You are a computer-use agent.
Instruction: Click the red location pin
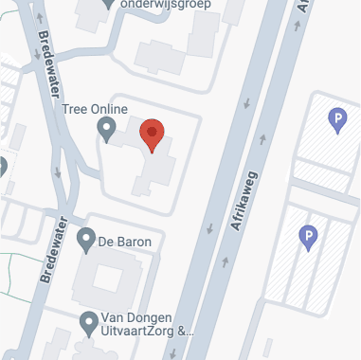(x=152, y=135)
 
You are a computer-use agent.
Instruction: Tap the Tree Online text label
(x=95, y=109)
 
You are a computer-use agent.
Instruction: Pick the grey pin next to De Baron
(x=87, y=241)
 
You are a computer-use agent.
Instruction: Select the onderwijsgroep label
(x=172, y=5)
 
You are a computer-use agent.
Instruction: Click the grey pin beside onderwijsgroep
(x=110, y=4)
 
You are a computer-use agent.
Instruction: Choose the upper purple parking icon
(x=335, y=119)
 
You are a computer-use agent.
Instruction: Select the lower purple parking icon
(x=307, y=237)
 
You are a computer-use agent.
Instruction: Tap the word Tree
(x=74, y=109)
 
